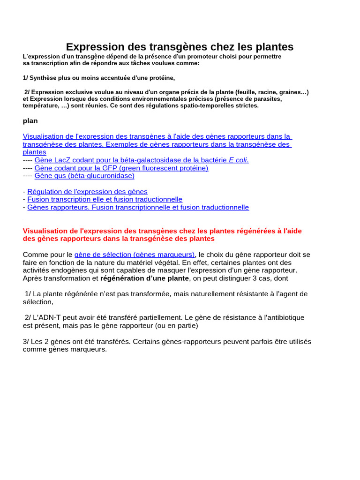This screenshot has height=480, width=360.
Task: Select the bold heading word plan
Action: point(30,120)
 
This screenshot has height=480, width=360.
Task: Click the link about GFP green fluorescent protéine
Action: point(121,168)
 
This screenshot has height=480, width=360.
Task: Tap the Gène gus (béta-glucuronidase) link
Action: point(84,176)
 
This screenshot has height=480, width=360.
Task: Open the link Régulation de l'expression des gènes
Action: point(87,191)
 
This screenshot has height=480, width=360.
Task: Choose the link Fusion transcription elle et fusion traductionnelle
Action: point(105,199)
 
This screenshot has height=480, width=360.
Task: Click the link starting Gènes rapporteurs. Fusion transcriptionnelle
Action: point(138,207)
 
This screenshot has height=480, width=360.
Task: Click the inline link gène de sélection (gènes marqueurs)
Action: point(135,255)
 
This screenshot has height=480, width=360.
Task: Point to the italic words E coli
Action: point(238,160)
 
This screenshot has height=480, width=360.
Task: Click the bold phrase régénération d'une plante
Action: point(144,278)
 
